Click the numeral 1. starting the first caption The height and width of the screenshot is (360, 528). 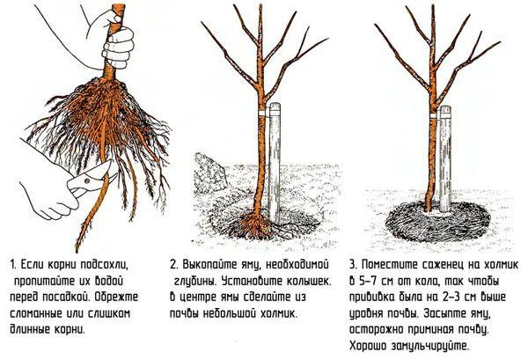coord(13,265)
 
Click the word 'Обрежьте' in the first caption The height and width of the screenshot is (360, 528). coord(127,298)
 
